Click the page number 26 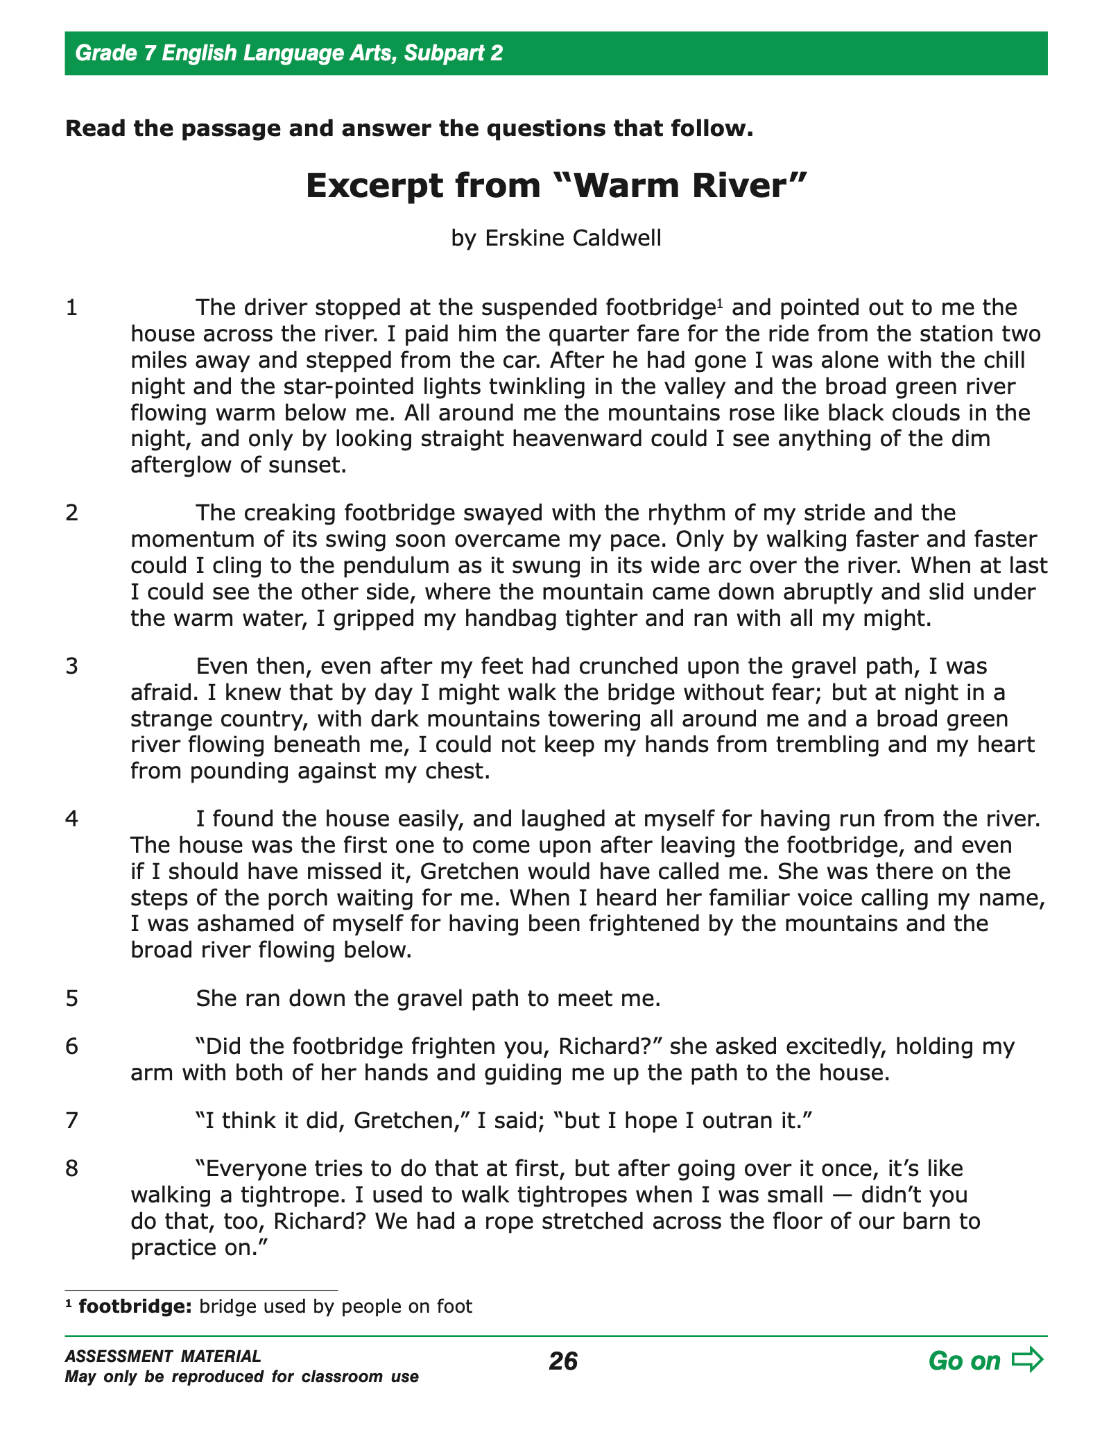tap(562, 1361)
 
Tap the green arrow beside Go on tap(1027, 1360)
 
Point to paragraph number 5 tap(71, 998)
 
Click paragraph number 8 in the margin tap(71, 1169)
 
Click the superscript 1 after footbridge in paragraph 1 tap(719, 302)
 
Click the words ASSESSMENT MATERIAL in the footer tap(163, 1356)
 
